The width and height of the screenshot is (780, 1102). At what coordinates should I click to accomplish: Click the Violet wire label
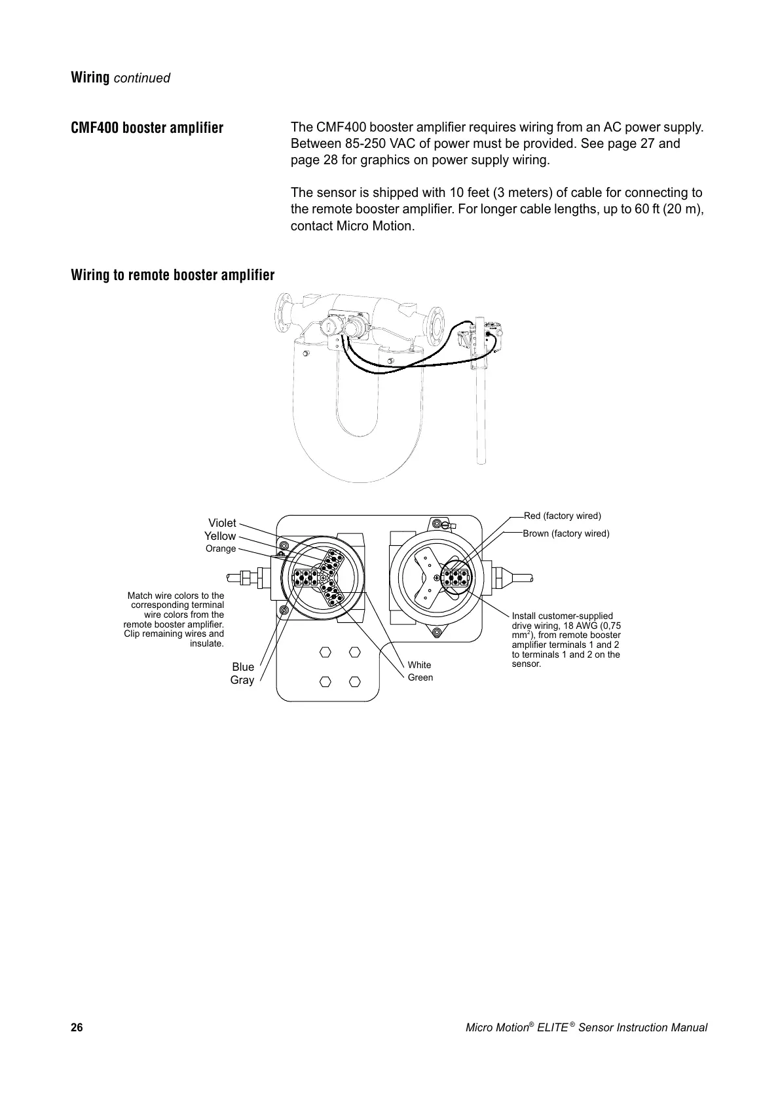pos(222,523)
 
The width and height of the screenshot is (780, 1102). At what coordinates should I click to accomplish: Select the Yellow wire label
pos(220,536)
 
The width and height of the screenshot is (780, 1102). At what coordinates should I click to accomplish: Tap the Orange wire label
pos(221,548)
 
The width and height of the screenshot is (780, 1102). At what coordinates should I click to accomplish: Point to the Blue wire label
pos(243,667)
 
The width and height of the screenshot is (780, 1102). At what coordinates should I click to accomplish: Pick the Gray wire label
pos(242,680)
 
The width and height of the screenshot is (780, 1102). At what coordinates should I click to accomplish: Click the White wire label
pos(419,665)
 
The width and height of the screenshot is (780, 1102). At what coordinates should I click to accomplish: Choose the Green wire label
pos(420,677)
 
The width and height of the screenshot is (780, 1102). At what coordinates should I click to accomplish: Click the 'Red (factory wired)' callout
pos(562,516)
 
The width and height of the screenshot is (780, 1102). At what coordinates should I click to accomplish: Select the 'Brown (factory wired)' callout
pos(566,533)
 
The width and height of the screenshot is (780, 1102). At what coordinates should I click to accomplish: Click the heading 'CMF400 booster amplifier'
pos(147,128)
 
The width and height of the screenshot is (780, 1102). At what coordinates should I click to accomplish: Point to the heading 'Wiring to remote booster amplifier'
pos(173,275)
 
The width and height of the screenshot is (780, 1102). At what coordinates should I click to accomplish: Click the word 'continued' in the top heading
pos(142,79)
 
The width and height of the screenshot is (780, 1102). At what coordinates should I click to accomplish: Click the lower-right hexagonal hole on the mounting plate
pos(355,681)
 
